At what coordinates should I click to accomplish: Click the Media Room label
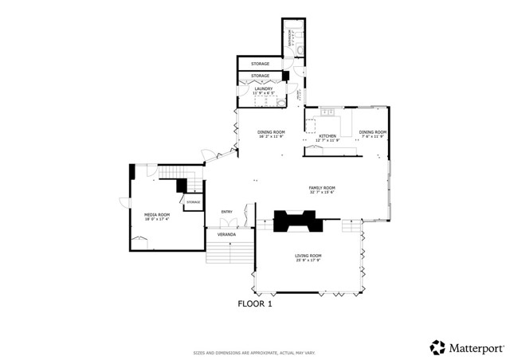click(157, 214)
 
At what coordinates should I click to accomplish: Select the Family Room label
click(322, 188)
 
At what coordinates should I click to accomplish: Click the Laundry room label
click(264, 88)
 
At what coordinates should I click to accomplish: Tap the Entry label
click(226, 212)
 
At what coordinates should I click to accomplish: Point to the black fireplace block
click(296, 221)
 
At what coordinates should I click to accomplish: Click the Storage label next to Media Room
click(193, 202)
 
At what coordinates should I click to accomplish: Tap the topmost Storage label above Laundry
click(260, 63)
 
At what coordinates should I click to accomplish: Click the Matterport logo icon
click(437, 347)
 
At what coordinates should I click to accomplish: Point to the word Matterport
click(475, 348)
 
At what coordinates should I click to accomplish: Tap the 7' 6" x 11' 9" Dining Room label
click(372, 132)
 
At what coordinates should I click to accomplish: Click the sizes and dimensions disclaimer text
click(254, 352)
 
